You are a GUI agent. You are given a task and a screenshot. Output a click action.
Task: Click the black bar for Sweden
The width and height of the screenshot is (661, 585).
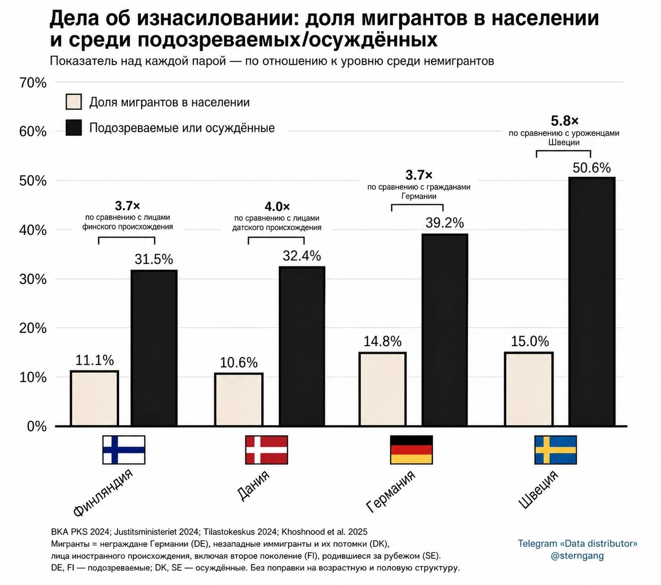(x=592, y=301)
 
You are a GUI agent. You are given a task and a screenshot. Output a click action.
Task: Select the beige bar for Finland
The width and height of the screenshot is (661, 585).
(x=94, y=399)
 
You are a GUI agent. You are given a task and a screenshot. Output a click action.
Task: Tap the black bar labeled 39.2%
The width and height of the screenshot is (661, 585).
(x=444, y=330)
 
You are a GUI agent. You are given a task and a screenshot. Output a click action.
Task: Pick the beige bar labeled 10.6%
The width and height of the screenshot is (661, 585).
(x=239, y=400)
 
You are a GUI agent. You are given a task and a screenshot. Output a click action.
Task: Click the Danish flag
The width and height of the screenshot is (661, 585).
(x=266, y=450)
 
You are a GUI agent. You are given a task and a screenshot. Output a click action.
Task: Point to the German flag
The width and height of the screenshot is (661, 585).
(x=411, y=450)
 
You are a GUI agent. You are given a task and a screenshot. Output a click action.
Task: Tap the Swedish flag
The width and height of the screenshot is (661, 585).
(x=555, y=450)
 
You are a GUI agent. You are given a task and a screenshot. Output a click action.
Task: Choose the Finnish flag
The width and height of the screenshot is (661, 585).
(x=123, y=450)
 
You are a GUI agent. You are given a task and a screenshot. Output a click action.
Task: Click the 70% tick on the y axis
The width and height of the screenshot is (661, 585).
(x=33, y=83)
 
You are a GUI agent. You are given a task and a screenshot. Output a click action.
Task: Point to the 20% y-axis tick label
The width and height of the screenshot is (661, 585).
(x=33, y=328)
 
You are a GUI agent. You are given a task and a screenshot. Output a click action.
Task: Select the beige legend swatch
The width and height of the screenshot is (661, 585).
(x=73, y=102)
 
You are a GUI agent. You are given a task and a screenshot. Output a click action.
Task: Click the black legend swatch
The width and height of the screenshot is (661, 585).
(x=73, y=127)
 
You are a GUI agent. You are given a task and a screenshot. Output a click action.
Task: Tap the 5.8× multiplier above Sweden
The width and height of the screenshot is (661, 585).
(x=564, y=121)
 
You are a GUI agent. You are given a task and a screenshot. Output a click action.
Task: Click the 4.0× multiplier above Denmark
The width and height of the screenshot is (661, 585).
(x=277, y=207)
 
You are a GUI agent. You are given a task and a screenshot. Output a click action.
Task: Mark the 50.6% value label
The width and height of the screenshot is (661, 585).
(x=592, y=168)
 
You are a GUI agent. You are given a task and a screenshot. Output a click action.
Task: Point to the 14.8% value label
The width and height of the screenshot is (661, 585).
(x=382, y=341)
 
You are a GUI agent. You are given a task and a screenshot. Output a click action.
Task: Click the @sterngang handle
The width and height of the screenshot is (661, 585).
(x=577, y=556)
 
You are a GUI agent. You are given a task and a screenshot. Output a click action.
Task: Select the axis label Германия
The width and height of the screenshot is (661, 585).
(x=390, y=491)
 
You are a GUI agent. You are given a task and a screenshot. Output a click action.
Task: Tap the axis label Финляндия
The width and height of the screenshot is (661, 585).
(x=103, y=493)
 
